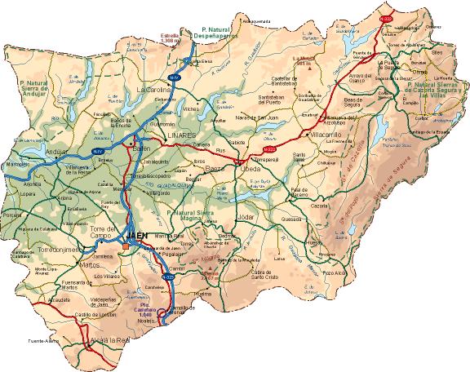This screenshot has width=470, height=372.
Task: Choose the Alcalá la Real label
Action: click(111, 339)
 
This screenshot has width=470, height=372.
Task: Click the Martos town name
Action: click(90, 264)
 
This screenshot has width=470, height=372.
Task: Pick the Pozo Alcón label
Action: click(335, 273)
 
